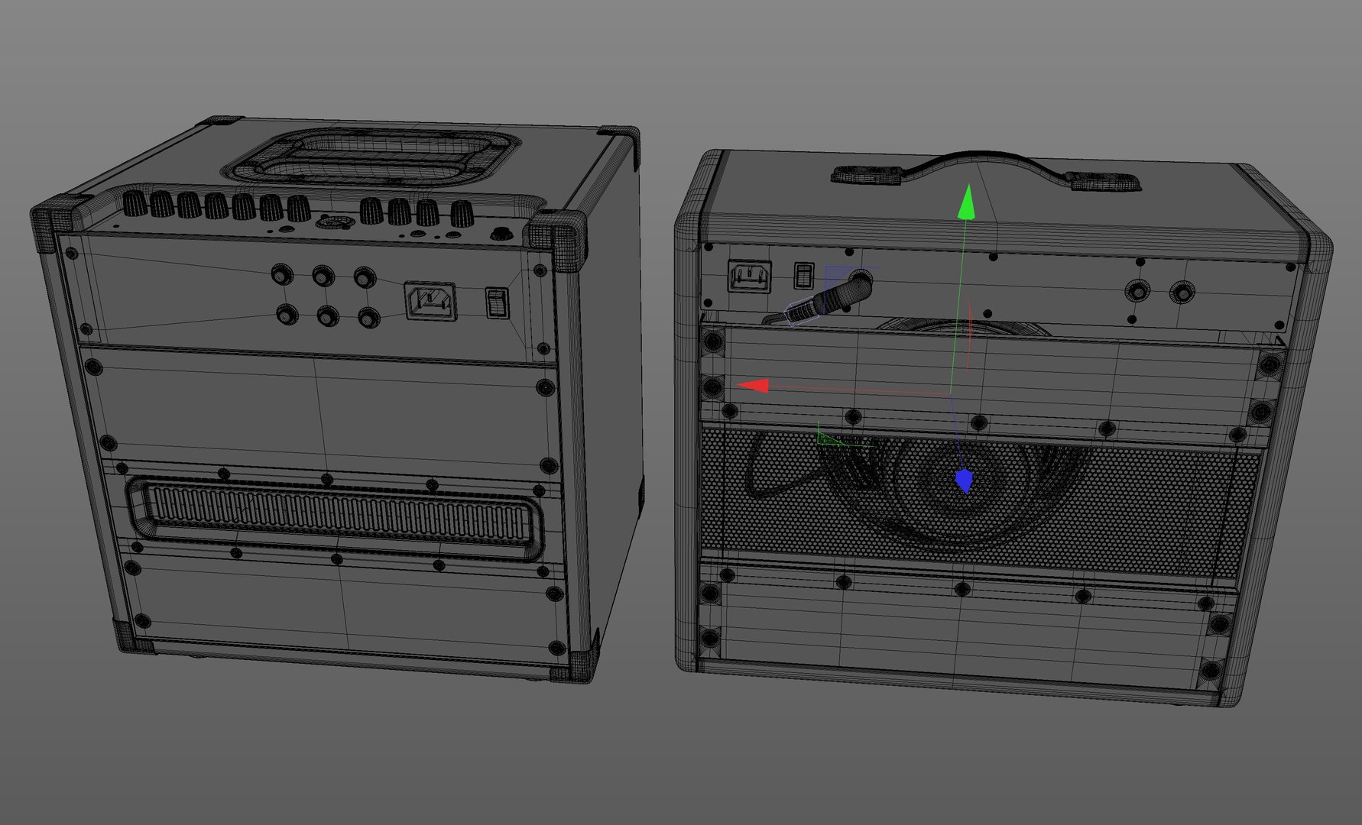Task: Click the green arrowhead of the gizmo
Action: coord(967,203)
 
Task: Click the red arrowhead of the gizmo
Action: coord(755,387)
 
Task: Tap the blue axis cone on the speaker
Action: coord(965,481)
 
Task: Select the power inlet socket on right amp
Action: coord(750,276)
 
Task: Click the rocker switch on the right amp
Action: coord(803,275)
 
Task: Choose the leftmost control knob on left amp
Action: coord(134,203)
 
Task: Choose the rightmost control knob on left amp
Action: coord(462,214)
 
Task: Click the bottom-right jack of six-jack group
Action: coord(368,316)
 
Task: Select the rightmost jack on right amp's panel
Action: coord(1182,292)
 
